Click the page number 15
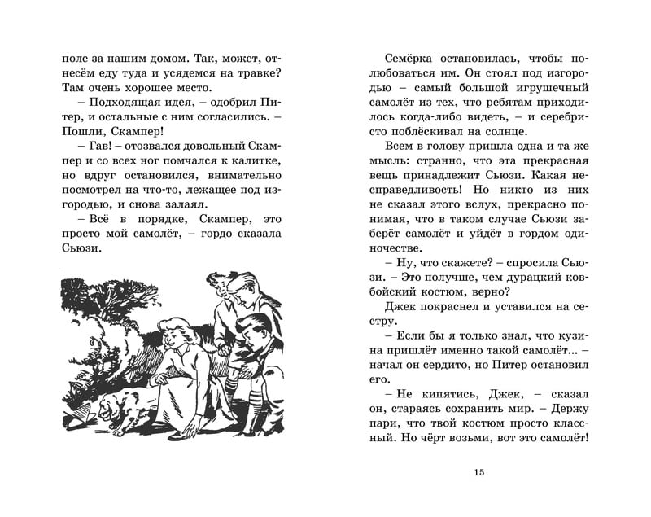coord(478,472)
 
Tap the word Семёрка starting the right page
coord(407,60)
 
